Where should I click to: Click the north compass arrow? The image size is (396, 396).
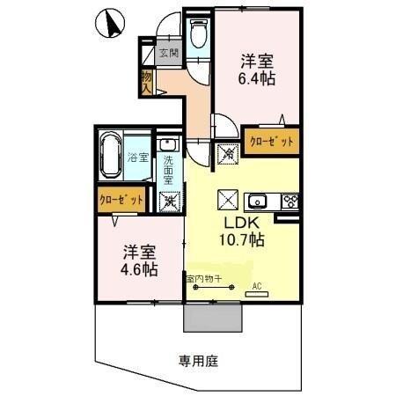[110, 25]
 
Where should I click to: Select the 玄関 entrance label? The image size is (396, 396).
[169, 53]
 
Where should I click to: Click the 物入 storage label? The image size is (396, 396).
[148, 82]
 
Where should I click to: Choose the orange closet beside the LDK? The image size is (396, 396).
[271, 141]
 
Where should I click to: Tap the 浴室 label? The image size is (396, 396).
[137, 158]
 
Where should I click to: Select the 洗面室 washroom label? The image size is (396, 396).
[168, 169]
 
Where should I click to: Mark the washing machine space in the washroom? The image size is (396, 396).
[170, 200]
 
